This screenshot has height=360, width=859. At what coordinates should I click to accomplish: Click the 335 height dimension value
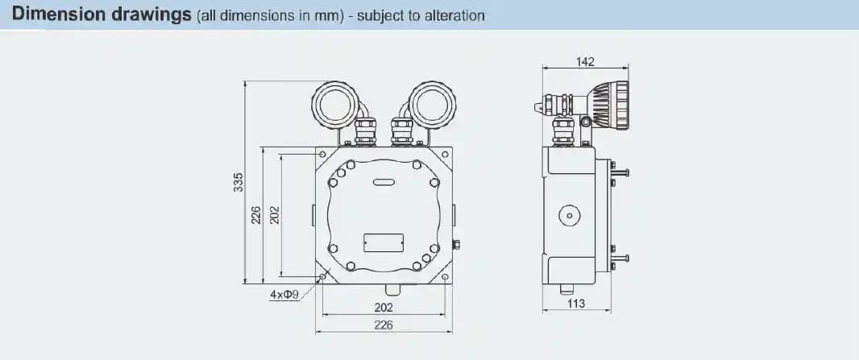coord(238,182)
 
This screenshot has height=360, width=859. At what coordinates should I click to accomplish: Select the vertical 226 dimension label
coord(255,215)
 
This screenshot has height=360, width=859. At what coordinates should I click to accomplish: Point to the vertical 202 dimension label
coord(275,215)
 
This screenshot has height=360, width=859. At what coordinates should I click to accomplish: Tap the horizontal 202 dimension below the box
coord(384,308)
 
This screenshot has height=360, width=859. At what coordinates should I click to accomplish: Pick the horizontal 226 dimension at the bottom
coord(384,325)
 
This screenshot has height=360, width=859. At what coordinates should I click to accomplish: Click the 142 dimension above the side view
coord(585,62)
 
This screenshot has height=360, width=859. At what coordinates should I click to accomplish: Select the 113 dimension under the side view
coord(576,303)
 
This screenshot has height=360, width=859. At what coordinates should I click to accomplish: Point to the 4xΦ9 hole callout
coord(284,295)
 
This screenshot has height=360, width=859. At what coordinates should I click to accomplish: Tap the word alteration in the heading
coord(454,15)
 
